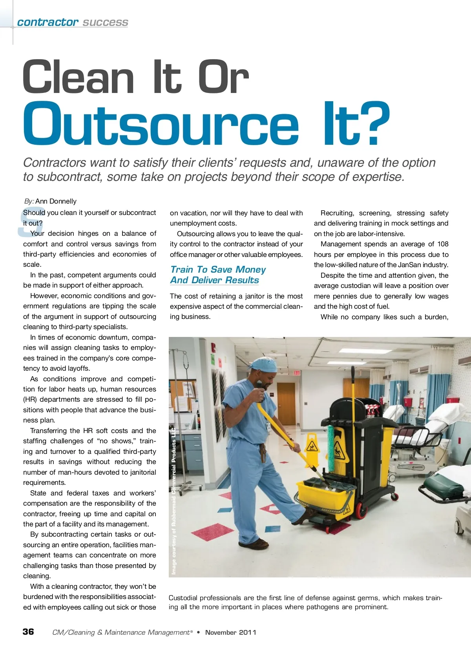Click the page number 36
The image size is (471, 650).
click(28, 632)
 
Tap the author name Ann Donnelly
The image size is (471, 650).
click(56, 201)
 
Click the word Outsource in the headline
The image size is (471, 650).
click(161, 123)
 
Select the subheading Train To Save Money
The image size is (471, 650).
click(218, 269)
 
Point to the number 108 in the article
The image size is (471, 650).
click(443, 244)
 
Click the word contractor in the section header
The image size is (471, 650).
click(47, 22)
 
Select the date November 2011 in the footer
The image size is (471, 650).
click(230, 632)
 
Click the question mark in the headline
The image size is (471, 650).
click(371, 123)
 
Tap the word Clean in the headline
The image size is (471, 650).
click(78, 77)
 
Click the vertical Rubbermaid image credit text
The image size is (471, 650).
click(174, 502)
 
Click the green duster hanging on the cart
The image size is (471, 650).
click(331, 447)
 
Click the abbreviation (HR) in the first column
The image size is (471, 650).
click(30, 399)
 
